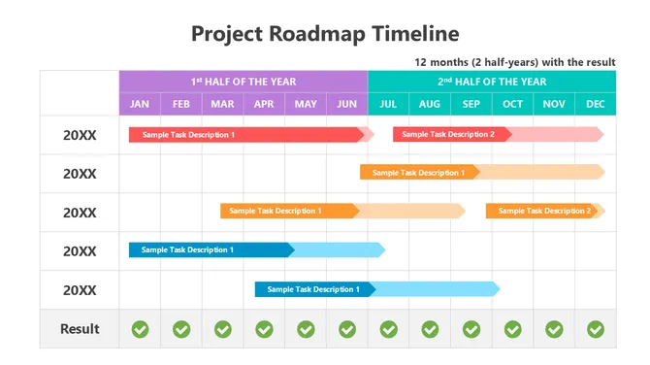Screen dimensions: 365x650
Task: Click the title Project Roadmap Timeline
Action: (325, 34)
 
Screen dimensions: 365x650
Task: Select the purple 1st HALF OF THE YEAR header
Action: (244, 82)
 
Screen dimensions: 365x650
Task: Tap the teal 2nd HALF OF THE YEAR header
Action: (492, 82)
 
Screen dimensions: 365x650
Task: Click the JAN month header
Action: (140, 104)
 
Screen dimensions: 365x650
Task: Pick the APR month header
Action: (264, 104)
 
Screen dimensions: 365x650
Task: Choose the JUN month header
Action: (347, 104)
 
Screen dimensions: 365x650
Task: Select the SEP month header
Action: (471, 104)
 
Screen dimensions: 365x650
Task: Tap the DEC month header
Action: (596, 104)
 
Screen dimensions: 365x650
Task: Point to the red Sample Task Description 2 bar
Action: (448, 134)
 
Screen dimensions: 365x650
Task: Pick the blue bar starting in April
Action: (313, 288)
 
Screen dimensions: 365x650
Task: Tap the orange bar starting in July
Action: (419, 172)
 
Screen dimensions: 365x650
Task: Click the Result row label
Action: (80, 329)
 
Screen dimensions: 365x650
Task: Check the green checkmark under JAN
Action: (140, 329)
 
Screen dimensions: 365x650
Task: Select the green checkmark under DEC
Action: (596, 329)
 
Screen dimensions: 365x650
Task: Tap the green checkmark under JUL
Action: (388, 329)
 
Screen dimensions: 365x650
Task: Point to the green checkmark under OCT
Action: (513, 329)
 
